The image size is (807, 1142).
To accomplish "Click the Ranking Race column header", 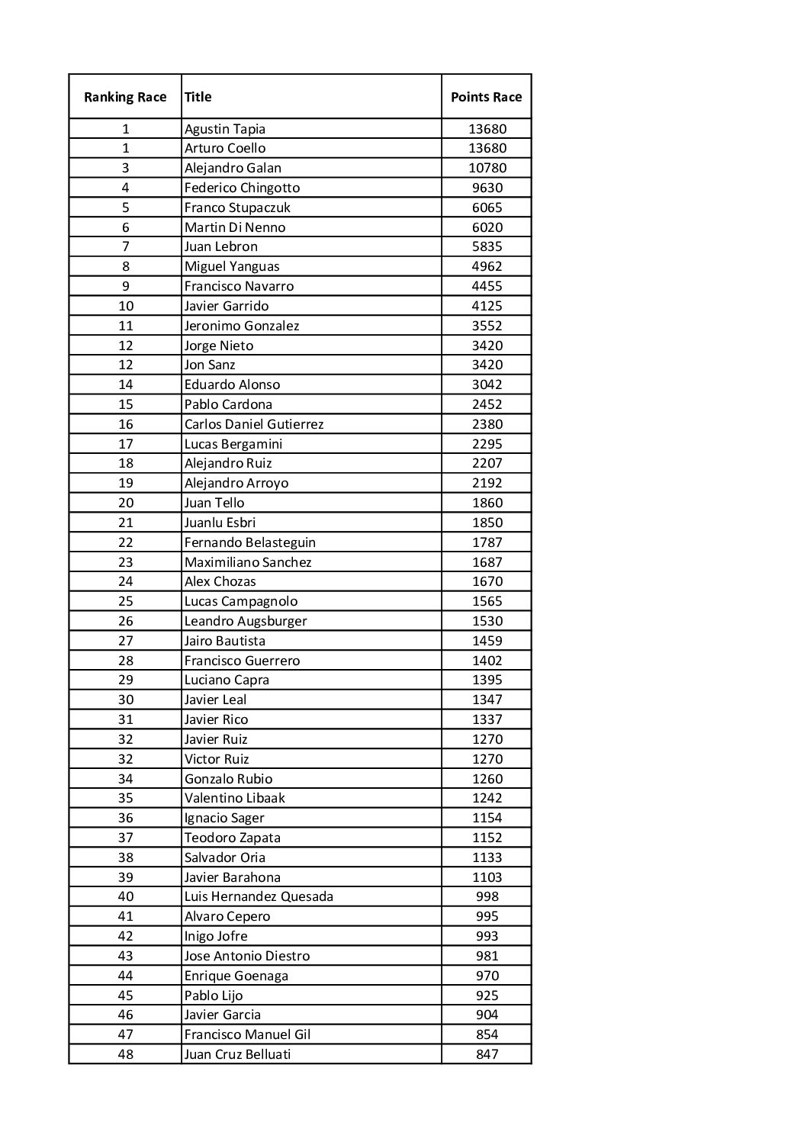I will point(125,97).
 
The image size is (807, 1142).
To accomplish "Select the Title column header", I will point(198,97).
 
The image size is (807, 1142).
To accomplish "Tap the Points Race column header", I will point(486,97).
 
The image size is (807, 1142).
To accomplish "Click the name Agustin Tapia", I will point(225,129).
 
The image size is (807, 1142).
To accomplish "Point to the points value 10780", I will point(487,168).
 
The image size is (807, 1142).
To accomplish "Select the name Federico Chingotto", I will point(242,188).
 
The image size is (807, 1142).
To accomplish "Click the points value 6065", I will point(487,207).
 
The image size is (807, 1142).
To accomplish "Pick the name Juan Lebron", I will point(220,246).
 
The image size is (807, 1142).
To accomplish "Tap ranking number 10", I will point(126,306).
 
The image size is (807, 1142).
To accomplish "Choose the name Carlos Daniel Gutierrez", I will point(254,424).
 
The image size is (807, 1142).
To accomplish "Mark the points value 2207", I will point(487,463).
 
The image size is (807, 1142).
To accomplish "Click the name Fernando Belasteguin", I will point(249,542).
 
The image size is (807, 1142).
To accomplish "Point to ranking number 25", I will point(126,601).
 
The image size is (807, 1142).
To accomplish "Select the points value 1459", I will point(487,641).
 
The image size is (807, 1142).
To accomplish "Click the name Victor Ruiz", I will point(217,759).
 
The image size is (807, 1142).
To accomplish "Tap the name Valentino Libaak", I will point(234,798).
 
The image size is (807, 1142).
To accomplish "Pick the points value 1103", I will point(487,877).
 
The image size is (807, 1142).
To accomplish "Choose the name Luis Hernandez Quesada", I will point(259,896).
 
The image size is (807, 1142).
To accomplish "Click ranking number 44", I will point(126,976).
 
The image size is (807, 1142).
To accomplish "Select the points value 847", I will point(487,1054).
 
